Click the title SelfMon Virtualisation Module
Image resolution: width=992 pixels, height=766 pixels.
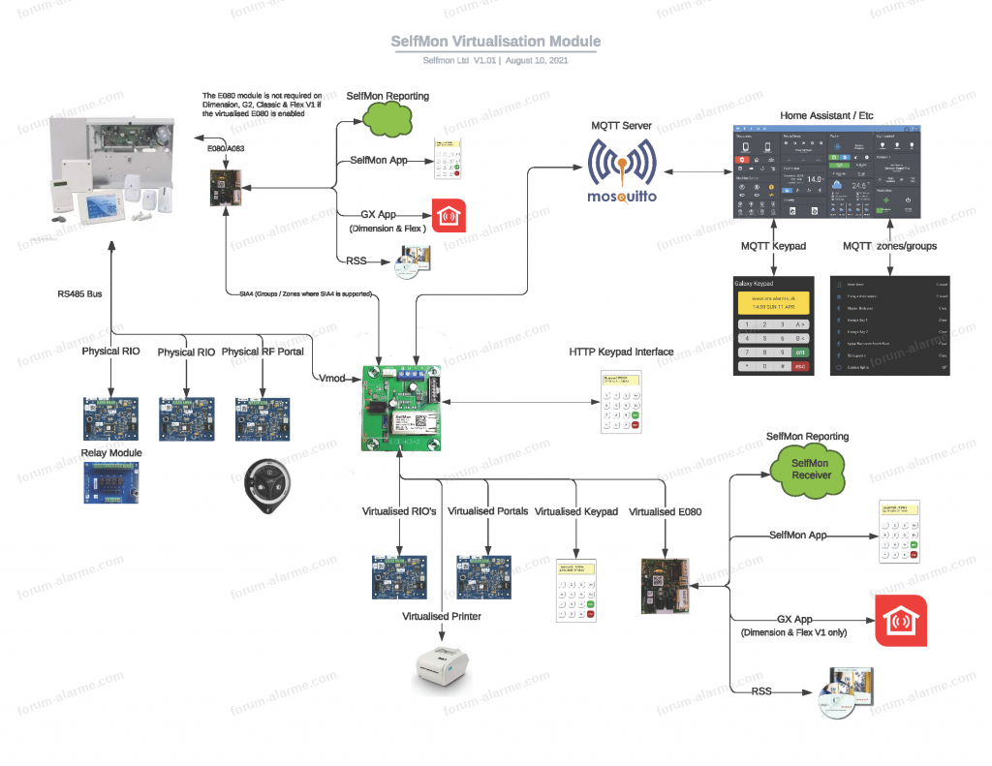[x=495, y=42]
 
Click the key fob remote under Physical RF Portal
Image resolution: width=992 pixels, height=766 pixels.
[x=263, y=480]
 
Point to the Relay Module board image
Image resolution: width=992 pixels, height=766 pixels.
[x=110, y=481]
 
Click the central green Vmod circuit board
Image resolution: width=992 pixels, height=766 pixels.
[x=401, y=408]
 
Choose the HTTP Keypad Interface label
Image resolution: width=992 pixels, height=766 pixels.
[x=621, y=352]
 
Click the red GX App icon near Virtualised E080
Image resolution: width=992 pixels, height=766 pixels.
[x=900, y=621]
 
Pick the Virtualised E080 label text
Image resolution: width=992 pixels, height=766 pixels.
[x=665, y=511]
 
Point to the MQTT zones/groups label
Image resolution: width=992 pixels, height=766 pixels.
[x=889, y=246]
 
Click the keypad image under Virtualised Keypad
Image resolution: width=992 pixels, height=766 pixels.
[x=574, y=588]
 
